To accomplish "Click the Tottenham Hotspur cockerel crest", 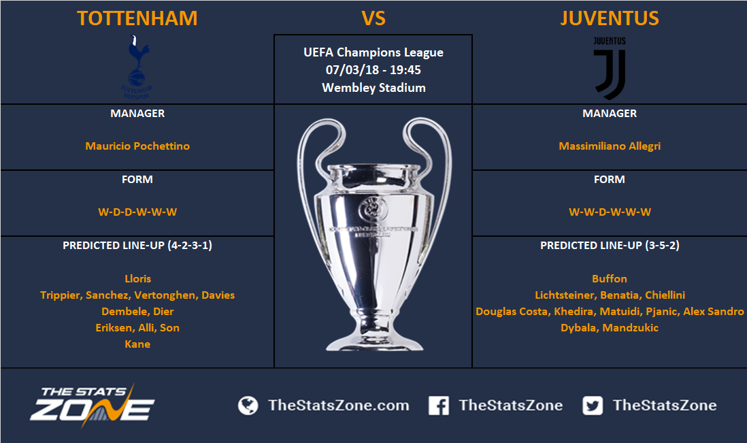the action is point(137,67).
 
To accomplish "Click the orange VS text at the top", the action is point(373,18).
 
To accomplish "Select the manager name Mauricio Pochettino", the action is point(137,146).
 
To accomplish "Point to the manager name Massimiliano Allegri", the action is point(610,146).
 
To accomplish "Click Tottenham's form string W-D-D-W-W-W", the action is point(137,212).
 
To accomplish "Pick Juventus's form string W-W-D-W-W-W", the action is point(610,212).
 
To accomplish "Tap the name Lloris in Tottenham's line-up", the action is point(137,279).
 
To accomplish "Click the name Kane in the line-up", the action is point(137,344).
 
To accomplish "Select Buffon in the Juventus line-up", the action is point(610,279).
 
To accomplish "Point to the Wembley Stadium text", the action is point(373,88).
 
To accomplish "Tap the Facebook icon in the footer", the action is point(438,406).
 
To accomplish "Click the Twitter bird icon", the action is point(593,406).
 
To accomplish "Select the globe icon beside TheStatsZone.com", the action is point(248,406).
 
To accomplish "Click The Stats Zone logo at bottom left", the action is point(93,405).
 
